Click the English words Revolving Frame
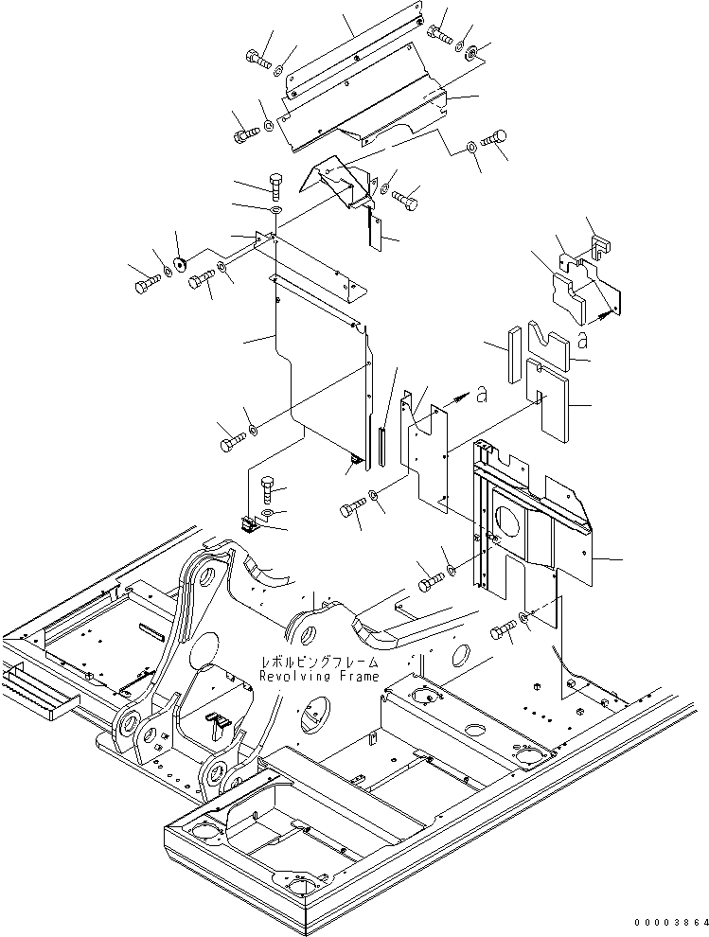319,677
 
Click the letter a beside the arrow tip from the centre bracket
481,397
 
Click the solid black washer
178,264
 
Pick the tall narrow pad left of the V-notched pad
514,354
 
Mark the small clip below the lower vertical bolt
252,524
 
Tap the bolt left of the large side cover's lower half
231,439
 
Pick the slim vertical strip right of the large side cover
381,445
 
